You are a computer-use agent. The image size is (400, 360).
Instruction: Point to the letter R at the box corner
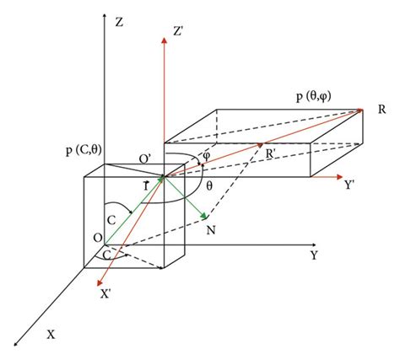click(382, 110)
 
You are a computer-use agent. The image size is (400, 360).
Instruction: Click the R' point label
click(272, 153)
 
